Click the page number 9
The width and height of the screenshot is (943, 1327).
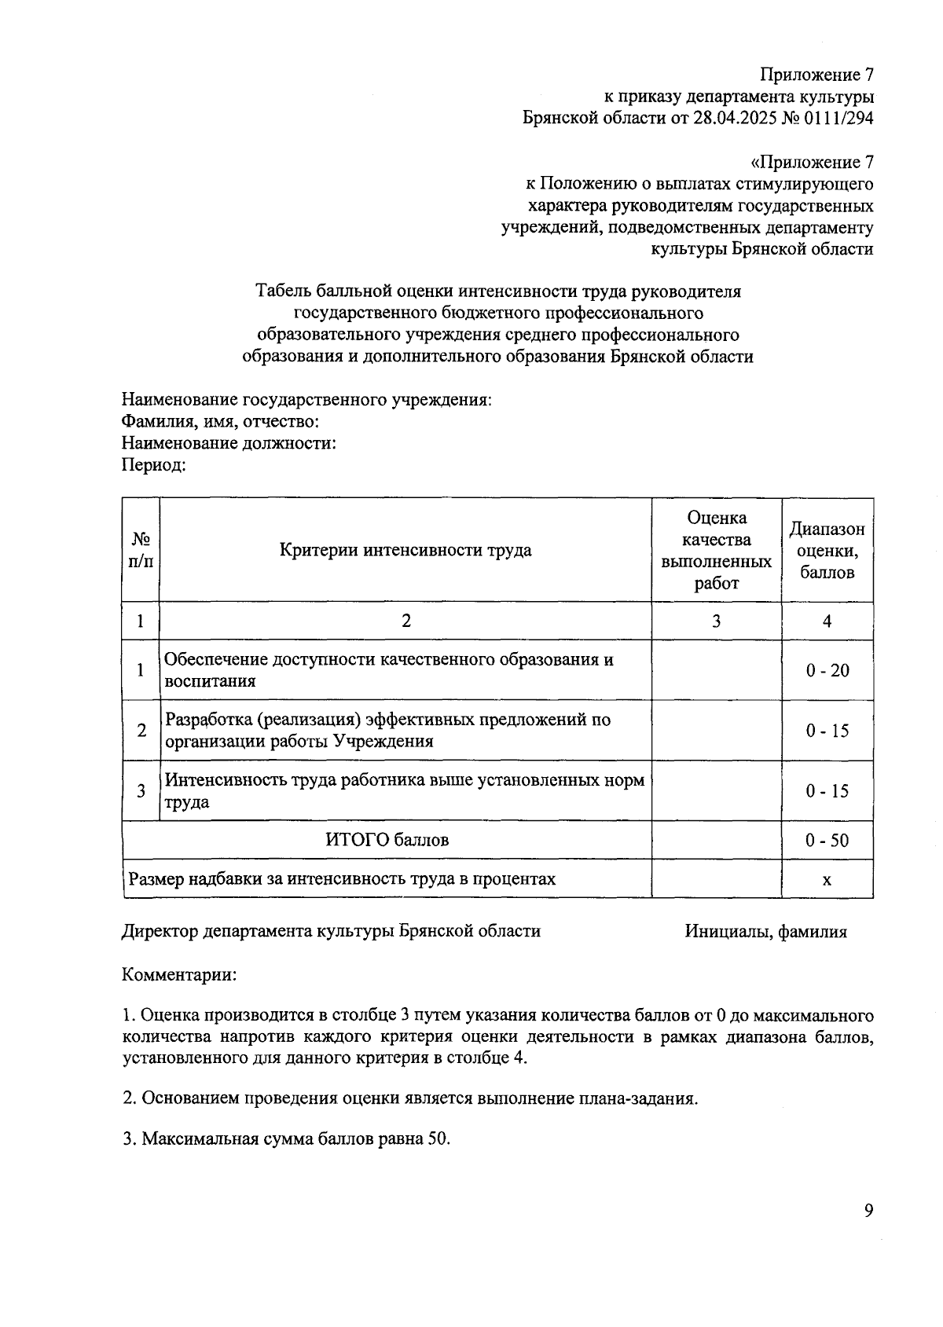[868, 1211]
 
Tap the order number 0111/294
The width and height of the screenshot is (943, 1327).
[840, 118]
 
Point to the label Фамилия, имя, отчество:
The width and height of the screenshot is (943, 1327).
[220, 421]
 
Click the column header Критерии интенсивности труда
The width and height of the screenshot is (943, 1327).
[405, 550]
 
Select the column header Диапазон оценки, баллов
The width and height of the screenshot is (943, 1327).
[827, 550]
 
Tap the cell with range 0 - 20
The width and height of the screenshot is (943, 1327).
[827, 670]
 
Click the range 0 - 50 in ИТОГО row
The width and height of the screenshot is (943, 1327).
[827, 841]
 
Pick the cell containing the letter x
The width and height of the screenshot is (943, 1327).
[827, 880]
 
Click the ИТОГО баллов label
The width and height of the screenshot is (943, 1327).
[387, 840]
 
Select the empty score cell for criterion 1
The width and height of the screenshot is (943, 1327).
[716, 670]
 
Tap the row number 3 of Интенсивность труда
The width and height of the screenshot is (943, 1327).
[141, 791]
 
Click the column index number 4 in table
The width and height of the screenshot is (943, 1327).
[827, 621]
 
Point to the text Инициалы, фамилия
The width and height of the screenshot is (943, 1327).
[765, 932]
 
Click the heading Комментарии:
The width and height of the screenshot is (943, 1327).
[179, 976]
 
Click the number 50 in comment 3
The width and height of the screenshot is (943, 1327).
[438, 1139]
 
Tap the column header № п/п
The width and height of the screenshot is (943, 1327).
[141, 550]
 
